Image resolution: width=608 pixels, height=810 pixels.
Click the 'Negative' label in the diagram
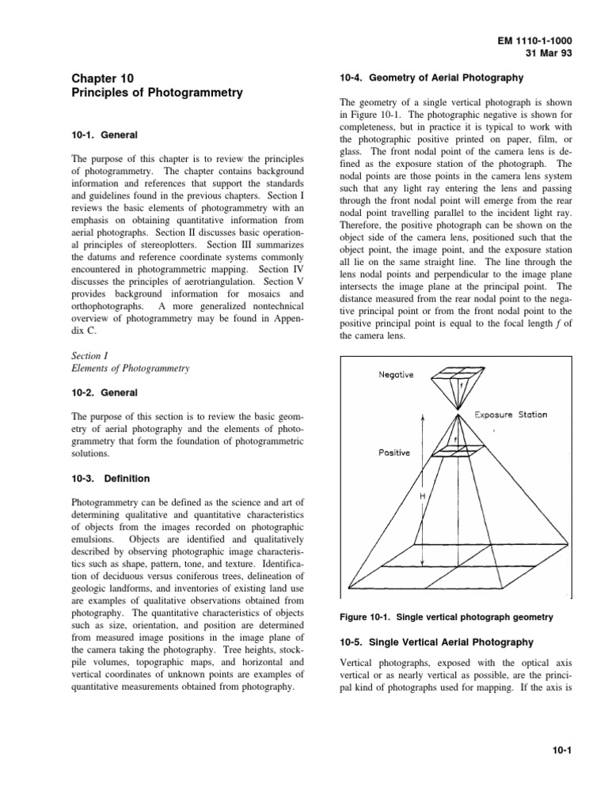tap(396, 375)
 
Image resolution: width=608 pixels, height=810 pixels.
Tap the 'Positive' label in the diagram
tap(393, 453)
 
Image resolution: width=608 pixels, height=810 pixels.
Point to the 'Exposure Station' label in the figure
tap(511, 414)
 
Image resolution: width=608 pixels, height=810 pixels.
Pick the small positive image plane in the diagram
tap(458, 449)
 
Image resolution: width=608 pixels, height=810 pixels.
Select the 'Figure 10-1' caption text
tap(442, 617)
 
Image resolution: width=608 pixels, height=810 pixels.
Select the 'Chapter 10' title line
tap(102, 78)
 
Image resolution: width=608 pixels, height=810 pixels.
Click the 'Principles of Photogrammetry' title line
tap(157, 93)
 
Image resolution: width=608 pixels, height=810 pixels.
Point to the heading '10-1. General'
tap(104, 135)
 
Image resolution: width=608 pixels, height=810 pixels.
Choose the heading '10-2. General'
tap(104, 392)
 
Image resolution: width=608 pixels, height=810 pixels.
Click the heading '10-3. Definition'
tap(110, 479)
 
